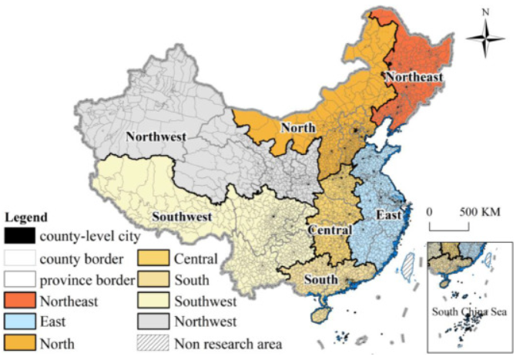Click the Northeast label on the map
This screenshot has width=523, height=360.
[x=414, y=77]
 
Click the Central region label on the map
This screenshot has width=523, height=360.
[x=330, y=230]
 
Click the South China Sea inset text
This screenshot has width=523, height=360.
[x=471, y=311]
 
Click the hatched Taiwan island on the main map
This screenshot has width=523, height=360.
[x=407, y=266]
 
